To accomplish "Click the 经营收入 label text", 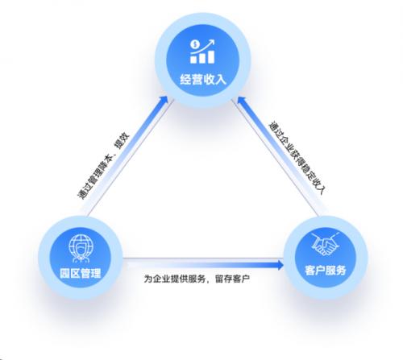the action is (203, 79).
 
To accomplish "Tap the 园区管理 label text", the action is (81, 273).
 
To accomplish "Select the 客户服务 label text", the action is (326, 270).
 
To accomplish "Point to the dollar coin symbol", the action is (195, 44).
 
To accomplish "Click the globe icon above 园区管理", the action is (81, 248).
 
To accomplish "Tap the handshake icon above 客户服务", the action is (325, 244).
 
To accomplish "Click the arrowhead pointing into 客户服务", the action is (280, 265).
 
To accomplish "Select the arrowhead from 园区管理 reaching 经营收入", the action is (164, 100).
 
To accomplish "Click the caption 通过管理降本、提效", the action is (103, 166).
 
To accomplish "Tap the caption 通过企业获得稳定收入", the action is (297, 158).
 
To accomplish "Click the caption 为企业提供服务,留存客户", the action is (197, 279).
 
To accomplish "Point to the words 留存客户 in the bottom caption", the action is (232, 279).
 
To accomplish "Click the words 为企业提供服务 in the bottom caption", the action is (175, 279).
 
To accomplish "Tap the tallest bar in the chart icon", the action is (211, 56).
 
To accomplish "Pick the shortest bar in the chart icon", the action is (193, 60).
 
